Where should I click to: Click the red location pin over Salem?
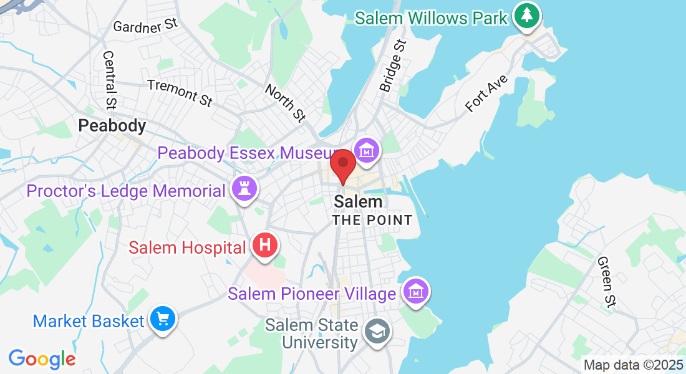pos(342,165)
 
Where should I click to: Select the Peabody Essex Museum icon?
pos(367,150)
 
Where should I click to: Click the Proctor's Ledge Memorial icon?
pos(243,189)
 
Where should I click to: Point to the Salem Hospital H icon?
pos(265,246)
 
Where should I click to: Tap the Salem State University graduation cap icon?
pos(377,331)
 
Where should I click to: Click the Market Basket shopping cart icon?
pos(163,320)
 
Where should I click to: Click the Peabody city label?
pos(112,126)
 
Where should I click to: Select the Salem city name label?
pos(358,202)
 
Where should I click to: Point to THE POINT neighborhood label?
pos(372,220)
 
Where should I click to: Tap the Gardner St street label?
pos(146,26)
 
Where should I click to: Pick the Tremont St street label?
pos(179,92)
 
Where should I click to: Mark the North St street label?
pos(285,102)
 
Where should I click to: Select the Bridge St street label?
pos(393,66)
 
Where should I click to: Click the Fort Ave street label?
pos(487,94)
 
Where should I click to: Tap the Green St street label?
pos(606,281)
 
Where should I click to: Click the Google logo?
pos(42,359)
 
